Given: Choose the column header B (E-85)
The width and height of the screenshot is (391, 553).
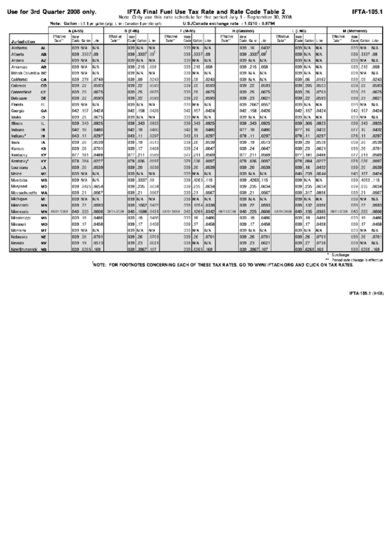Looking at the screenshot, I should tap(135, 30).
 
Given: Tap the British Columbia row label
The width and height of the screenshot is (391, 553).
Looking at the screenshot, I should tap(27, 75).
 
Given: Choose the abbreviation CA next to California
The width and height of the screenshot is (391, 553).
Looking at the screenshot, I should tap(44, 80).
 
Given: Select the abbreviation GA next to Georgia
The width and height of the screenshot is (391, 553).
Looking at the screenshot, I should tap(44, 111).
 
